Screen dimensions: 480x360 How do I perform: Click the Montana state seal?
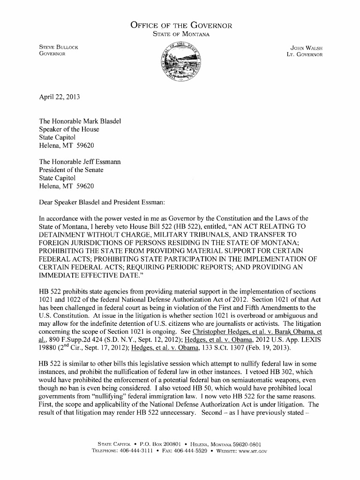coord(180,60)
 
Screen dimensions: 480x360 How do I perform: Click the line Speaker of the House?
coord(69,129)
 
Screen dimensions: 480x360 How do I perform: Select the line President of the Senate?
coord(71,170)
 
